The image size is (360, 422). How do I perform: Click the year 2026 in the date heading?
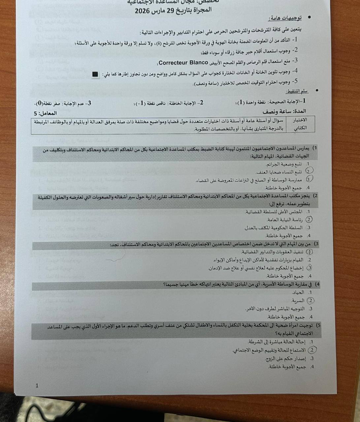[143, 12]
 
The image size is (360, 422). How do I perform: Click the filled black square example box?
[95, 74]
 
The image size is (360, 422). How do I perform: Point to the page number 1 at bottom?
[37, 385]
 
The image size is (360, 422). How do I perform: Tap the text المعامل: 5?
[46, 113]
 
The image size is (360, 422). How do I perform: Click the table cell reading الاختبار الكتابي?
[300, 124]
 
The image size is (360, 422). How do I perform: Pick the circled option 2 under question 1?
[309, 171]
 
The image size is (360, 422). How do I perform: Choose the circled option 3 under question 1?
[309, 179]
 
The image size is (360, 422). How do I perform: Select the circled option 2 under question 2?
[309, 220]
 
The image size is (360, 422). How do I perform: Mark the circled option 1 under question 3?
[309, 252]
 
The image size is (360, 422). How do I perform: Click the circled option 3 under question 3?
[309, 268]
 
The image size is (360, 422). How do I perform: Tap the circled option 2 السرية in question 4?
[310, 301]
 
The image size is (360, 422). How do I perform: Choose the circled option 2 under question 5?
[312, 350]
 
